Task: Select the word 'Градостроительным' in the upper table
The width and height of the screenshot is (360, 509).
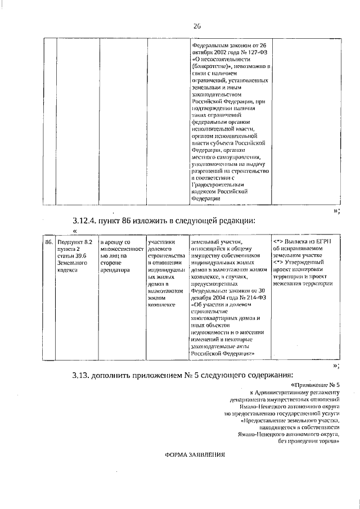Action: tap(218, 183)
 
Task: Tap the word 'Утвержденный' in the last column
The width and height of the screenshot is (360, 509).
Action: tap(311, 263)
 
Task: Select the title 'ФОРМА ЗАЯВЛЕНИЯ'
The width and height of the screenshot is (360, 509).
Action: tap(195, 456)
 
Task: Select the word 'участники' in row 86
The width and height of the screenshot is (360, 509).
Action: tap(161, 241)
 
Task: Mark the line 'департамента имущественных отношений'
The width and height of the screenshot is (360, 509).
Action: tap(293, 399)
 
